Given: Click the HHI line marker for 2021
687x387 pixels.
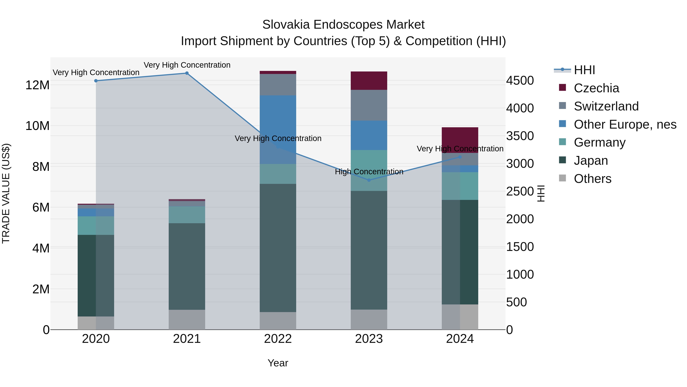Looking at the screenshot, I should click(187, 73).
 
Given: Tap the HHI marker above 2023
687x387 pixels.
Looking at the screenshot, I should click(369, 180).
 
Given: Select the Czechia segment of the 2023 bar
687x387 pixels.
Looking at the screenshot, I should click(369, 81).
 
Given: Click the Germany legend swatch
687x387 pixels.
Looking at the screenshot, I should click(562, 142).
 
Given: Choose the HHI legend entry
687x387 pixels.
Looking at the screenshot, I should click(584, 70).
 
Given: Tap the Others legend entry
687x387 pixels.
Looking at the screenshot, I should click(592, 179).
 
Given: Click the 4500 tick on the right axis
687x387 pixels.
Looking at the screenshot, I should click(520, 81).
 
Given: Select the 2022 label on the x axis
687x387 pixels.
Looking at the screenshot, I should click(278, 339).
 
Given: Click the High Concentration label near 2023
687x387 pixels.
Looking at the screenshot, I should click(369, 172).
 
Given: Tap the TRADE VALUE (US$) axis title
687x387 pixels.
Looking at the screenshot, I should click(6, 193).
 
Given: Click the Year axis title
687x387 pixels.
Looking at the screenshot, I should click(278, 363).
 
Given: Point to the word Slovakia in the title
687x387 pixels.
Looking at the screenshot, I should click(286, 25).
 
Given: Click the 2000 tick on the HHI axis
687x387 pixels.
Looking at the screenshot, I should click(520, 219).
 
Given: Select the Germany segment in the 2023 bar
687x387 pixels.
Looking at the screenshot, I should click(369, 170).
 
